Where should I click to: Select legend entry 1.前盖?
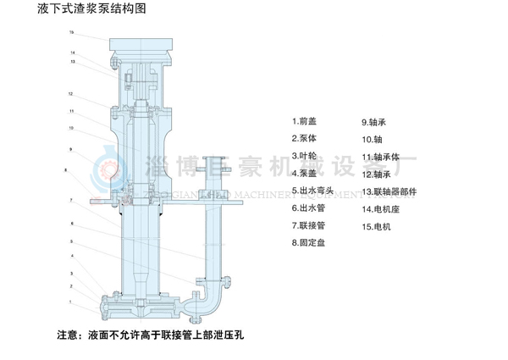click(x=302, y=121)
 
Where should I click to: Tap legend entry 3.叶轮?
click(x=302, y=156)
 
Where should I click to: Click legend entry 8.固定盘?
click(x=306, y=243)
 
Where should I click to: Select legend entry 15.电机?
click(x=376, y=226)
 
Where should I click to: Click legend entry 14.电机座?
click(x=379, y=208)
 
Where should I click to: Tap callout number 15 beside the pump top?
click(x=72, y=32)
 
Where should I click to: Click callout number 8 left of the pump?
click(x=65, y=170)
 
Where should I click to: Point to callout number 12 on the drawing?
click(x=72, y=94)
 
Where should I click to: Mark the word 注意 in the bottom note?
click(x=69, y=334)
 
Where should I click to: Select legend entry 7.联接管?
click(x=306, y=226)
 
